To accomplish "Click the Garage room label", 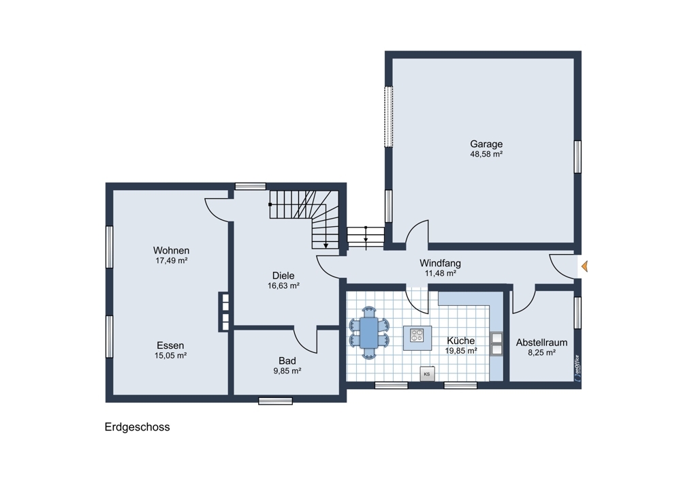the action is [x=486, y=144].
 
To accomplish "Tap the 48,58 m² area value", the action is [x=486, y=154].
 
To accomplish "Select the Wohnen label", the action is [x=171, y=250].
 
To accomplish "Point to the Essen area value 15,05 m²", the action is [x=171, y=356].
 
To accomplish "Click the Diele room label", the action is [x=283, y=275].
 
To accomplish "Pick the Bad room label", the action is [x=287, y=360].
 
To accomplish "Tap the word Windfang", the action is [x=440, y=263].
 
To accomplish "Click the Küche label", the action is [x=461, y=341].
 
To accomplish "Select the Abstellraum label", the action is [x=541, y=343].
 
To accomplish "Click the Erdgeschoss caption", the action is [x=138, y=426].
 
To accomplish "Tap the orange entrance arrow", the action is [x=584, y=266].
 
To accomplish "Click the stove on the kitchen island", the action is [x=417, y=335].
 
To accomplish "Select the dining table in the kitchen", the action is [x=369, y=333].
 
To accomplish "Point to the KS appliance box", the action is [x=427, y=373].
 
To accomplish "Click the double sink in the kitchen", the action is [x=496, y=343].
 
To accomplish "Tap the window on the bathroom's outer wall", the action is [x=275, y=401].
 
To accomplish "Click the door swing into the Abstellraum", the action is [x=524, y=300].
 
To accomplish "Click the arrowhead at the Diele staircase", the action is [x=326, y=246].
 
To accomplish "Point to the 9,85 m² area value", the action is [x=287, y=371].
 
